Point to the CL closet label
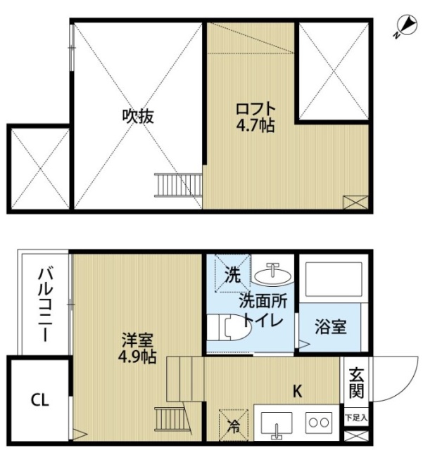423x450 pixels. (x=39, y=401)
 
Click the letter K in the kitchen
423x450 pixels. (x=297, y=392)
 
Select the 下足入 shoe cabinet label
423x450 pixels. (x=355, y=417)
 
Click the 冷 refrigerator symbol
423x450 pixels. (x=233, y=423)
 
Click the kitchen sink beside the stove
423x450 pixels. (x=277, y=423)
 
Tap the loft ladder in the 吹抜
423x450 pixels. (x=172, y=186)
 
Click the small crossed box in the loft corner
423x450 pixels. (x=355, y=202)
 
